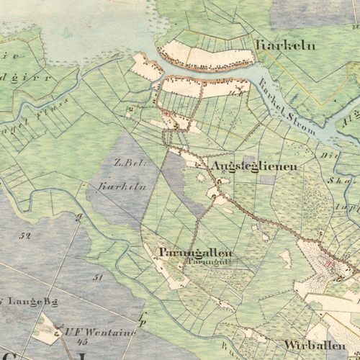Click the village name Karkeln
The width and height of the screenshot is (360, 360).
[276, 45]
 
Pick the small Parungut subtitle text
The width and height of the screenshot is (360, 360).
[189, 263]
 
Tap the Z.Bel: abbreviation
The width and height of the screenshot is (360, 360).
[130, 163]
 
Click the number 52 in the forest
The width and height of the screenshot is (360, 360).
[27, 235]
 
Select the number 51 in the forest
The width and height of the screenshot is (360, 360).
[99, 276]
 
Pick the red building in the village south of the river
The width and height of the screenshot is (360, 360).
[168, 113]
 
